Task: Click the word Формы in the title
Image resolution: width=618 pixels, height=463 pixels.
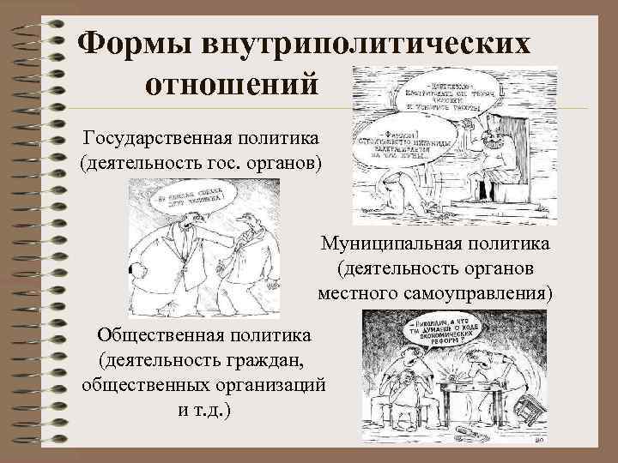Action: point(137,42)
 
